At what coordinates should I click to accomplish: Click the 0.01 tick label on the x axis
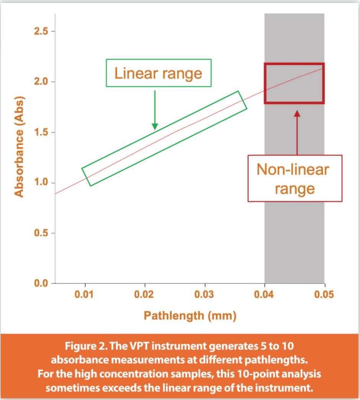click(85, 295)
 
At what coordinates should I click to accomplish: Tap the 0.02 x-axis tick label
click(145, 295)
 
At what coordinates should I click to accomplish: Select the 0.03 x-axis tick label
click(205, 295)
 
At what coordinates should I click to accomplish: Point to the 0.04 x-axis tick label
click(265, 295)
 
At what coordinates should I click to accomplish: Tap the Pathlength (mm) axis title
click(190, 316)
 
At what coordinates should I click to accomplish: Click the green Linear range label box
click(158, 73)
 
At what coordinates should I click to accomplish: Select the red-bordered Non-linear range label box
click(295, 178)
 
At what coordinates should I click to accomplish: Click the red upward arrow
click(297, 132)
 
